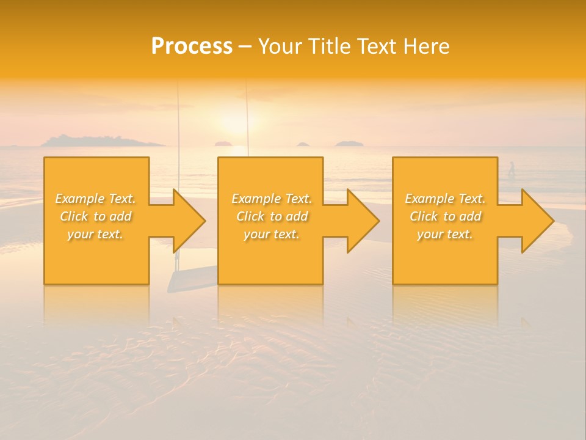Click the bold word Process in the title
(192, 46)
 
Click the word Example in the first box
(80, 199)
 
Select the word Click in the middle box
(251, 216)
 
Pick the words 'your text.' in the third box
(445, 234)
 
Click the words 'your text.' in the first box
(96, 234)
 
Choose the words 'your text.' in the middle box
(272, 234)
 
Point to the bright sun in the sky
(233, 120)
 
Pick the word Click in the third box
(424, 216)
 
